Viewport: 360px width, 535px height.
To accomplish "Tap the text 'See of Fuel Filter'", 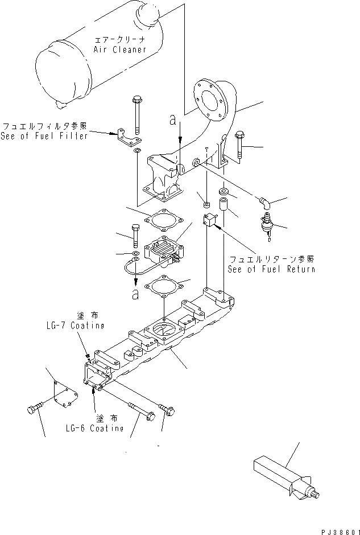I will (x=44, y=136).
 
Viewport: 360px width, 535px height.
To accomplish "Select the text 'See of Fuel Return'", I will (x=271, y=269).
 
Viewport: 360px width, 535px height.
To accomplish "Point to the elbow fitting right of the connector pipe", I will (x=264, y=201).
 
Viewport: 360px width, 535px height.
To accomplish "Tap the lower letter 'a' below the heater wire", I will (x=136, y=294).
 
